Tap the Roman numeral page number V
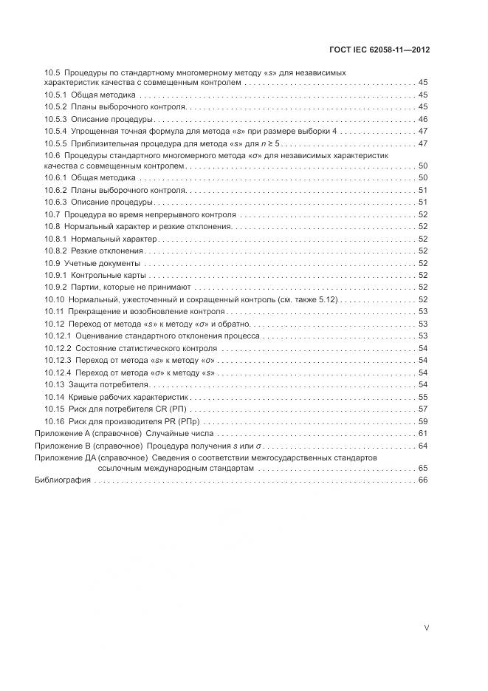click(426, 627)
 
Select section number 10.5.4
click(56, 131)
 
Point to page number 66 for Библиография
click(423, 480)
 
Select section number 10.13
click(54, 385)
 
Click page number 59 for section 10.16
click(423, 421)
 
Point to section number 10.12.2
click(58, 348)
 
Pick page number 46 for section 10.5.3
click(423, 119)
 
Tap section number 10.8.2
click(56, 251)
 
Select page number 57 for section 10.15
click(423, 409)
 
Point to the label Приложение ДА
click(61, 457)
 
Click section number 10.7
click(52, 214)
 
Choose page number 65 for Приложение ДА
click(423, 468)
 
